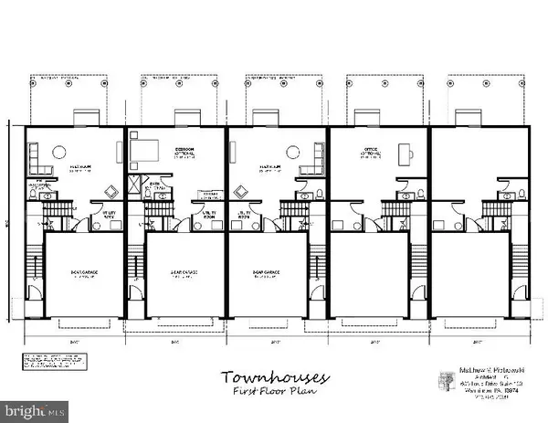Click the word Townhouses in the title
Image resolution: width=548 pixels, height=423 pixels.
[266, 377]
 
